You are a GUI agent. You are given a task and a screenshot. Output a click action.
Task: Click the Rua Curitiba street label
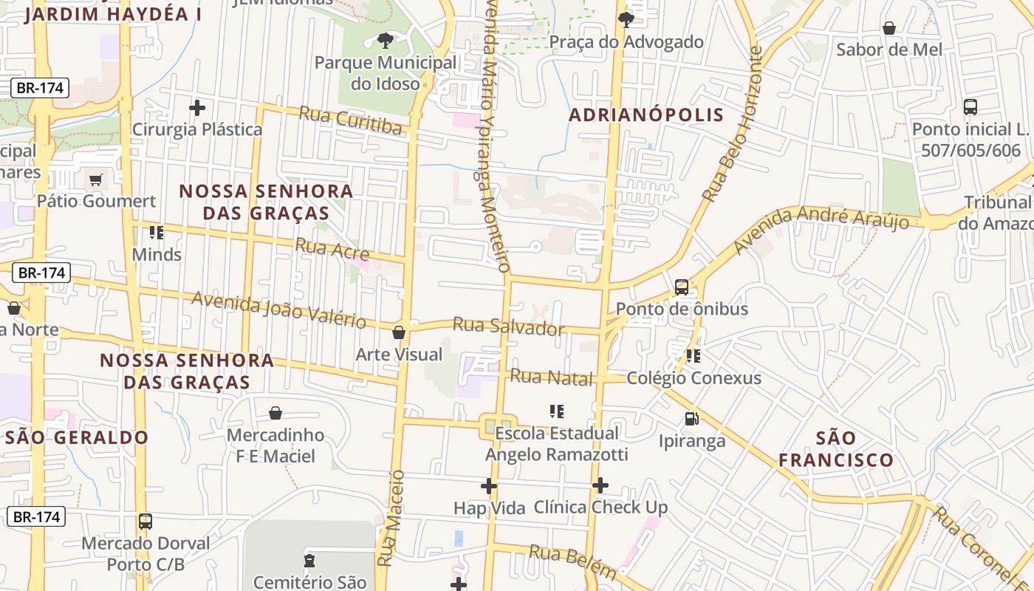pos(351,120)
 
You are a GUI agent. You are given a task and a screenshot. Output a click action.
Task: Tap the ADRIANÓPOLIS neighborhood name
pos(646,115)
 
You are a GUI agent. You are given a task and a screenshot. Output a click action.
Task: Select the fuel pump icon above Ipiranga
pos(692,419)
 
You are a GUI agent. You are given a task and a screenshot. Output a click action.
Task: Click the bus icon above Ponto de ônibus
pos(682,287)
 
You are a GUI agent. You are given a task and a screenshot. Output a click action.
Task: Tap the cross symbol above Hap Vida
pos(489,486)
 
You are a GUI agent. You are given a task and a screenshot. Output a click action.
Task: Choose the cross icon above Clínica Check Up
pos(600,485)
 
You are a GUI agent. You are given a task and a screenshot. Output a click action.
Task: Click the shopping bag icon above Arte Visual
pos(399,333)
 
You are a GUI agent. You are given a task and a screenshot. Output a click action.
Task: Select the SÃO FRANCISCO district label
pos(836,448)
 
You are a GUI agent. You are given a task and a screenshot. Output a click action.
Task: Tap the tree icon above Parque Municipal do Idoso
pos(384,40)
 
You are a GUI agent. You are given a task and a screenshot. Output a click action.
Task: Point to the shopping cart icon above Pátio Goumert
pos(95,180)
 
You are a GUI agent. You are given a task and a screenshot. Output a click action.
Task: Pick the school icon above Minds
pos(156,233)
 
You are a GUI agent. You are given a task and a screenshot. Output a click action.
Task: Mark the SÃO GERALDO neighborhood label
pos(77,437)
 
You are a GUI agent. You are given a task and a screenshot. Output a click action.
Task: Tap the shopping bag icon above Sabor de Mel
pos(889,28)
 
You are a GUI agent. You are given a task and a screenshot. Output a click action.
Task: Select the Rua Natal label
pos(552,378)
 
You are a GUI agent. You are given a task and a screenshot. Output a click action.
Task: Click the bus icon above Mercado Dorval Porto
pos(145,522)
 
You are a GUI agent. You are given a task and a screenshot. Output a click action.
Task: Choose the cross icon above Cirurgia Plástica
pos(197,109)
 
